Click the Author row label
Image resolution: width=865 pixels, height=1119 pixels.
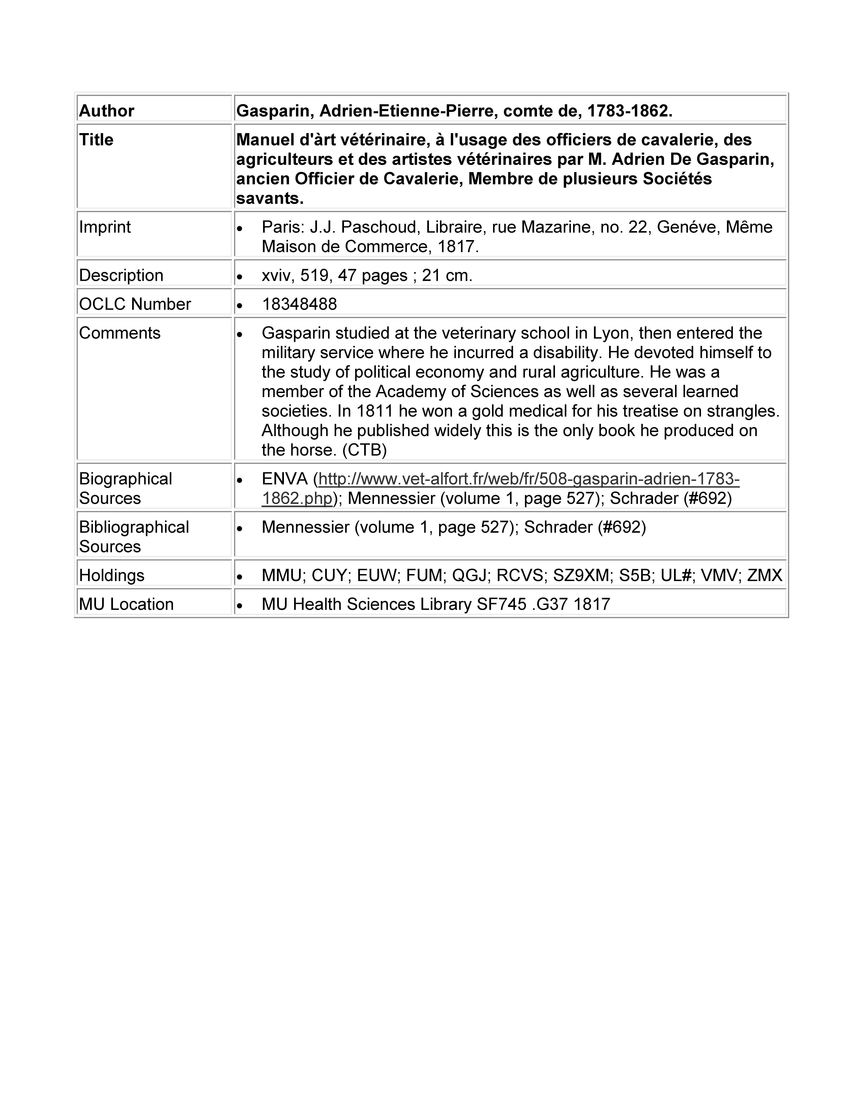click(x=107, y=111)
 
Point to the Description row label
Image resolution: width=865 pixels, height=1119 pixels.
click(x=121, y=275)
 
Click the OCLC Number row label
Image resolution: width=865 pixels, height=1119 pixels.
click(x=135, y=304)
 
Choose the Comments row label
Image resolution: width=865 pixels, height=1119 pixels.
click(x=119, y=333)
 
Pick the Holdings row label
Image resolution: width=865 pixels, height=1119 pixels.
click(x=112, y=575)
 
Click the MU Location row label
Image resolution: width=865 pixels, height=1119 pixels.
click(x=126, y=604)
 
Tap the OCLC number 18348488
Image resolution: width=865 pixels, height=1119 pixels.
click(x=299, y=304)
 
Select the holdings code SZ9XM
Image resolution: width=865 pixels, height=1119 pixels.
click(x=581, y=575)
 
